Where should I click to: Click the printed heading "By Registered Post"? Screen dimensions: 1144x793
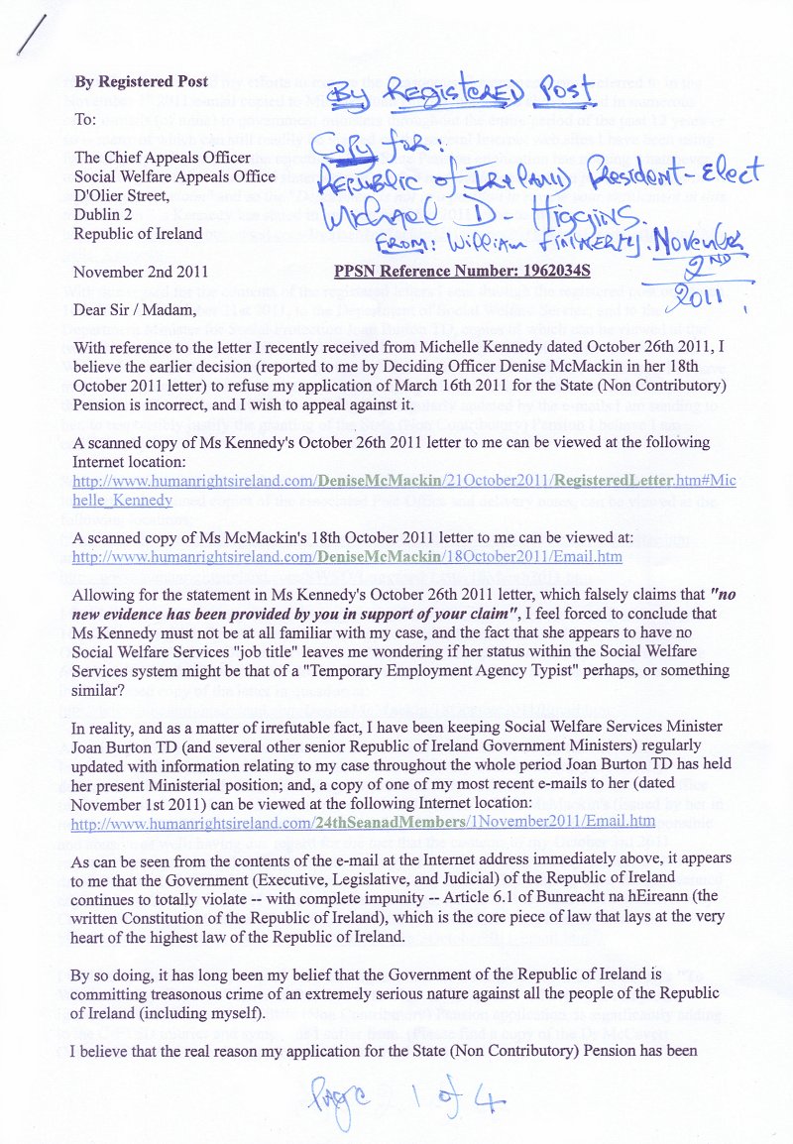pos(142,81)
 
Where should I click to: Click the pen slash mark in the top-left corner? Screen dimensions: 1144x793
pos(36,37)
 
